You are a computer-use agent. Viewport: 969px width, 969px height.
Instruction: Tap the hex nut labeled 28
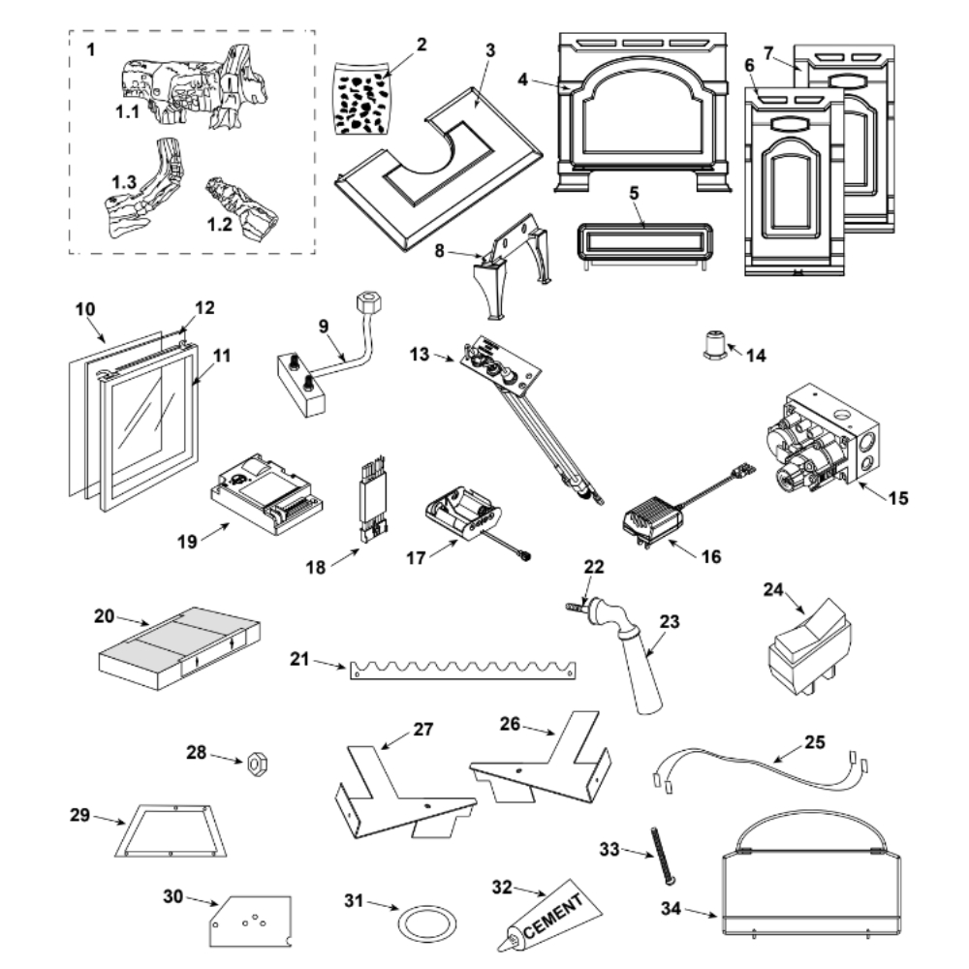tap(257, 764)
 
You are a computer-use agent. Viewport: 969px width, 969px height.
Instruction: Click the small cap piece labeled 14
tap(714, 345)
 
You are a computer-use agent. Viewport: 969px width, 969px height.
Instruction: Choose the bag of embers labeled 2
tap(360, 98)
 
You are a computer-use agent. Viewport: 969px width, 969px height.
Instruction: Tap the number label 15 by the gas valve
tap(898, 498)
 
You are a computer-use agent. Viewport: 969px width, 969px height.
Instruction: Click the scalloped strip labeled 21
tap(463, 670)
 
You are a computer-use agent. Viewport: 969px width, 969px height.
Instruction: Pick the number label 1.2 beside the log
tap(219, 225)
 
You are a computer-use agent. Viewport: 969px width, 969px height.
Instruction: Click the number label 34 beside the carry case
tap(671, 908)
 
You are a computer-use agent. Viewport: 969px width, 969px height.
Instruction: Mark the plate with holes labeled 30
tap(250, 921)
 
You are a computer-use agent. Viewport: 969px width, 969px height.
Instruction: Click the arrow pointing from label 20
tap(133, 620)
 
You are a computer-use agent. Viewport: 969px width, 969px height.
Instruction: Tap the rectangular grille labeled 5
tap(645, 243)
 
